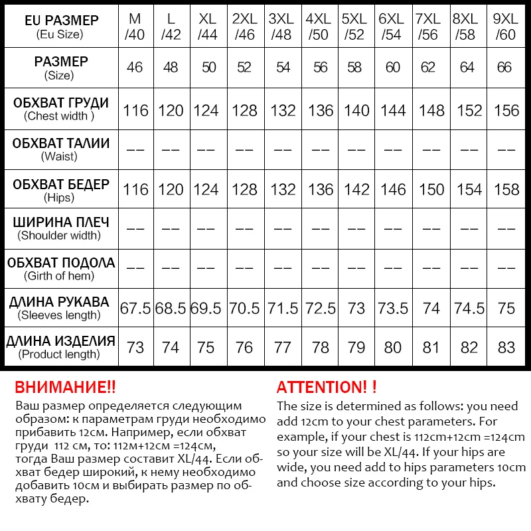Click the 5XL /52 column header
[356, 27]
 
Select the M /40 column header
[135, 27]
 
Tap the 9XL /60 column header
[506, 27]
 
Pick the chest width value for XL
[206, 110]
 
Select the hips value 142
[356, 189]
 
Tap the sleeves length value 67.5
[135, 308]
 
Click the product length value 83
[506, 348]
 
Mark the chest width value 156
[506, 110]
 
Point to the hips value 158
[506, 189]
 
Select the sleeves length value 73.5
[393, 308]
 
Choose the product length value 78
[321, 348]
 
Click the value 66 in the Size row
[506, 68]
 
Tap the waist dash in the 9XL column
[506, 149]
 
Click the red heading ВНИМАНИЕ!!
[65, 387]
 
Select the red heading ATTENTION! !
[327, 387]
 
